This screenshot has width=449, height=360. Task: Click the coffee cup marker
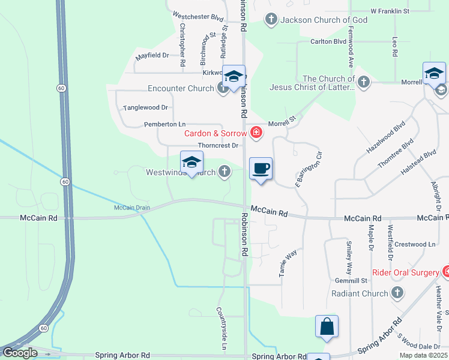[261, 168]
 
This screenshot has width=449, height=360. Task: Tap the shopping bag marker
[327, 327]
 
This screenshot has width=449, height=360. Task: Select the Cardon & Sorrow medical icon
[256, 133]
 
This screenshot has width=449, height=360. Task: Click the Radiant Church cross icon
[397, 293]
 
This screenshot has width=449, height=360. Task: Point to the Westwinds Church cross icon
[224, 172]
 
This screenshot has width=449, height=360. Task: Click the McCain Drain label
[131, 208]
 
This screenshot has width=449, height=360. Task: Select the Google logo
[20, 353]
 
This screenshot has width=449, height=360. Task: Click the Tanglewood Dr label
[145, 108]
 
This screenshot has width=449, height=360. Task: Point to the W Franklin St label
[390, 11]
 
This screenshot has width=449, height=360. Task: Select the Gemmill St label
[351, 280]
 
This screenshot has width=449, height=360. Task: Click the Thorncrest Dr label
[218, 145]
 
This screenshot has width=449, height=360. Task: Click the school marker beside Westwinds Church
[191, 163]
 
